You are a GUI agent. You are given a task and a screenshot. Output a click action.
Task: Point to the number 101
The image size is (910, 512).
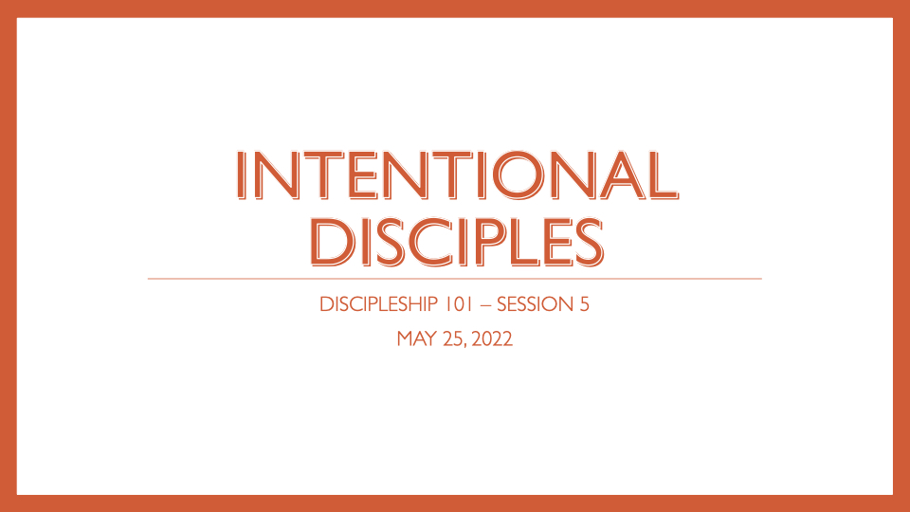pyautogui.click(x=466, y=305)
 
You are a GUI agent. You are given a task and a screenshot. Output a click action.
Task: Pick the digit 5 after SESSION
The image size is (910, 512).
pyautogui.click(x=585, y=305)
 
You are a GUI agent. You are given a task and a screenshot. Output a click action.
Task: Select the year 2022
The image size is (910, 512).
pyautogui.click(x=492, y=338)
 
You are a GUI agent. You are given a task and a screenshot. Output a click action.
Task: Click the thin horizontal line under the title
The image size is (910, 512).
pyautogui.click(x=454, y=279)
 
